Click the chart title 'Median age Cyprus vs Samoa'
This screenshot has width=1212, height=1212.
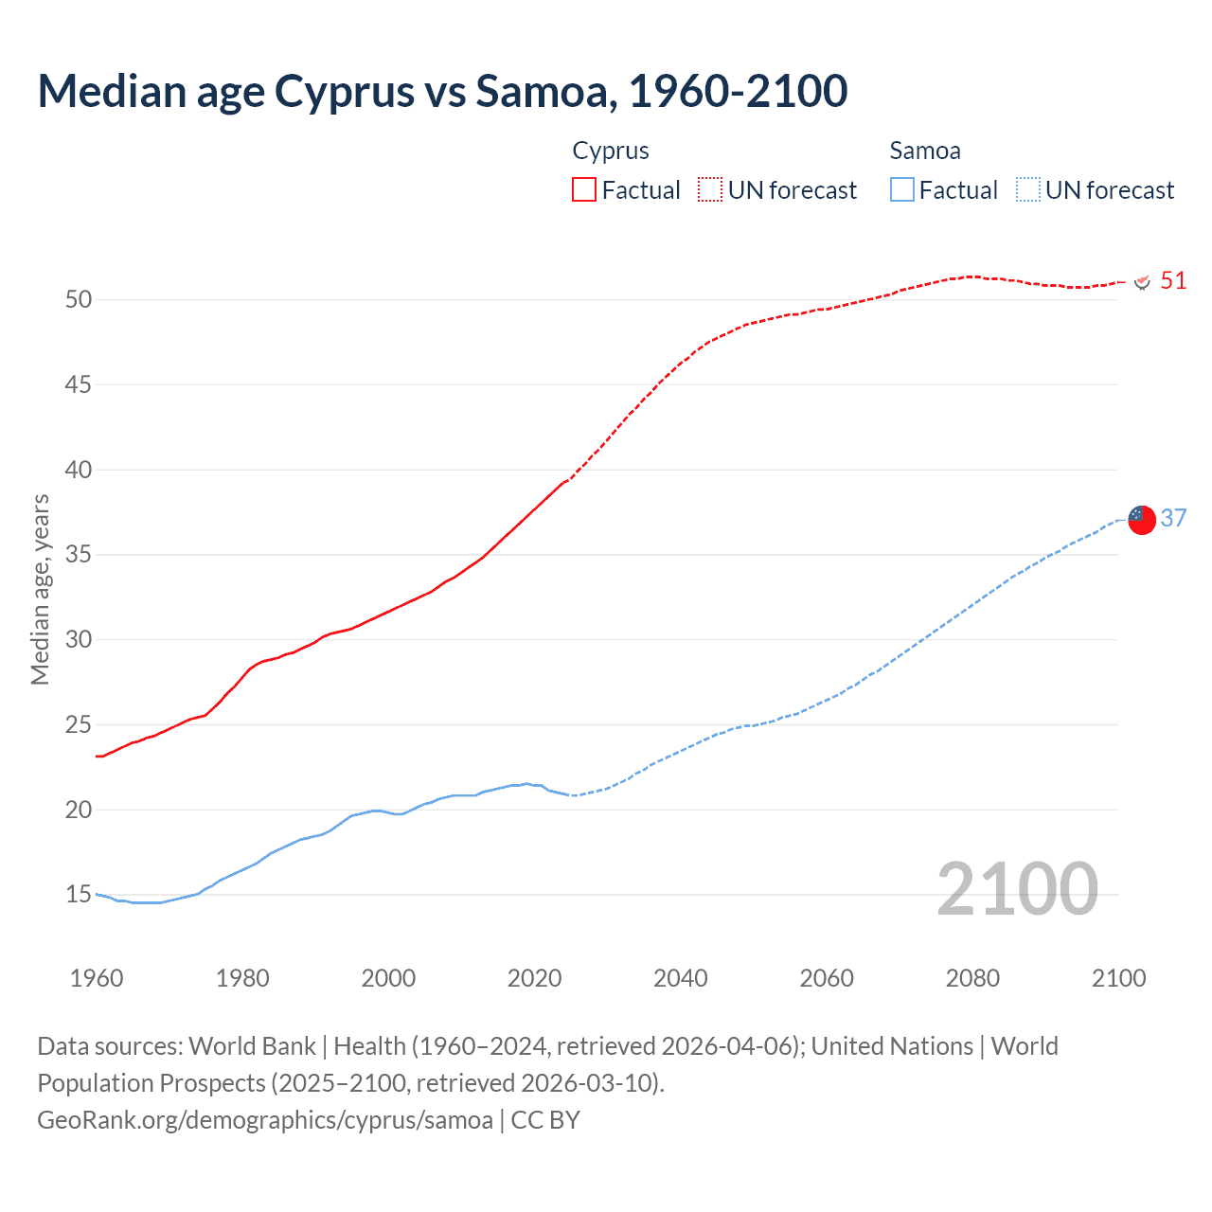442,91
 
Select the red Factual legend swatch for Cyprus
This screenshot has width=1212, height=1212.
584,190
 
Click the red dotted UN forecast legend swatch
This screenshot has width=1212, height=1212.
710,190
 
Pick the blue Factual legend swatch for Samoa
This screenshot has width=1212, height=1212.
902,190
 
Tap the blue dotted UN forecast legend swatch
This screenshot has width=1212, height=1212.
1027,190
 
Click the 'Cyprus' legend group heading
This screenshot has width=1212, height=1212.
611,151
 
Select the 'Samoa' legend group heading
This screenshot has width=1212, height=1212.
925,151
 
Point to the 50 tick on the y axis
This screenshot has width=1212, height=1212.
79,300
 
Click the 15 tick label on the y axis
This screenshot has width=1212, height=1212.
79,895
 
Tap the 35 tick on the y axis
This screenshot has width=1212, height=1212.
79,555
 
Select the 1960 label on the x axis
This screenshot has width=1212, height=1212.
97,978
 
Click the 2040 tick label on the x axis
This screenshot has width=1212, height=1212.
680,978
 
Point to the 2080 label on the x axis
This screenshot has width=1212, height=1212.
972,978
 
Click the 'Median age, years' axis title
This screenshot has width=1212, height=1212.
40,589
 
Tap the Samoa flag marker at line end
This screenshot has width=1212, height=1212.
1142,520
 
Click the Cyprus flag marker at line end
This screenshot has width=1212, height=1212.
1142,282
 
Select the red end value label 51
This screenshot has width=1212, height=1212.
1173,281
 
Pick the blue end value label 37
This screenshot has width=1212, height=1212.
1173,519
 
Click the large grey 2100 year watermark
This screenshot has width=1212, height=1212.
1017,889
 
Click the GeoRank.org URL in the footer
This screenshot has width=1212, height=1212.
265,1120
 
